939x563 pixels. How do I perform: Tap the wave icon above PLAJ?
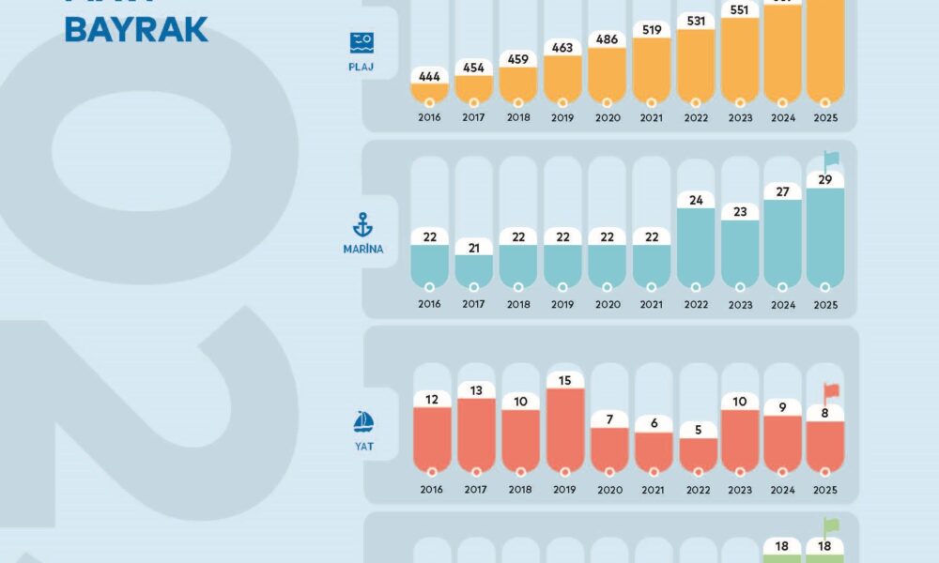tap(362, 42)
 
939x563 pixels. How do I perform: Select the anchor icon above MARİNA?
tap(362, 225)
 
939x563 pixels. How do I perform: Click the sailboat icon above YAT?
tap(363, 422)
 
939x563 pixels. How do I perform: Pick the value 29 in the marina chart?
tap(825, 178)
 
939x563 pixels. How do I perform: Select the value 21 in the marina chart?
tap(473, 247)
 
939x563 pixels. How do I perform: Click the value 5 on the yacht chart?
tap(696, 430)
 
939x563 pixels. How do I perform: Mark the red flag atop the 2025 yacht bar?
tap(831, 391)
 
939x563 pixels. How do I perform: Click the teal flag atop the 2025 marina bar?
tap(831, 160)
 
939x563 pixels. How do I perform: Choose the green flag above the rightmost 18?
tap(831, 525)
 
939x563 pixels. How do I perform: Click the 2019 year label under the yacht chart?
tap(562, 490)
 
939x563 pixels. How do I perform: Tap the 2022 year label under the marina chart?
tap(696, 304)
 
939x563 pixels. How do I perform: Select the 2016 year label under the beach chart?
tap(429, 119)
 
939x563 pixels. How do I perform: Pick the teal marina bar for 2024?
tap(783, 244)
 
